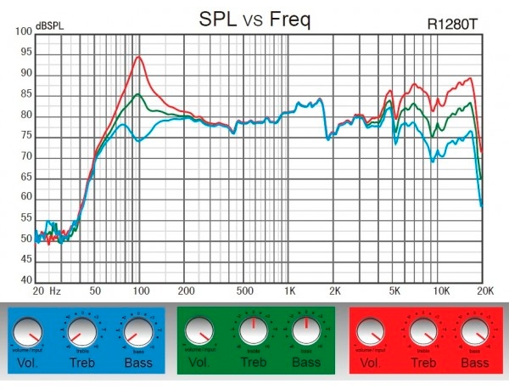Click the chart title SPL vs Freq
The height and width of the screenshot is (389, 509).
(254, 18)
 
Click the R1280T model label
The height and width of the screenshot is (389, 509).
(454, 25)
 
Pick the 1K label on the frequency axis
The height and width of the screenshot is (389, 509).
(291, 290)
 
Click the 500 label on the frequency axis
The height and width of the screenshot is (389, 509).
(245, 290)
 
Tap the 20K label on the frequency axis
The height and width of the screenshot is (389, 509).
(484, 290)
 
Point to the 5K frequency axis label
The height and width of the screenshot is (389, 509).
(395, 290)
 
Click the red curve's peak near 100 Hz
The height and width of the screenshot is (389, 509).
(137, 57)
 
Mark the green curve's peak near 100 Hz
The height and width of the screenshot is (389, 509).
(137, 93)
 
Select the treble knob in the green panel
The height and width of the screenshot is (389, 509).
(253, 330)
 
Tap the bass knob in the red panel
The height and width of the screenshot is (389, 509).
(474, 331)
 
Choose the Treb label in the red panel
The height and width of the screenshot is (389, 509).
(423, 364)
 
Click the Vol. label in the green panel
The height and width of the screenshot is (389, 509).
(199, 364)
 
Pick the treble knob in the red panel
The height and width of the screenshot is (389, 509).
(422, 331)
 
